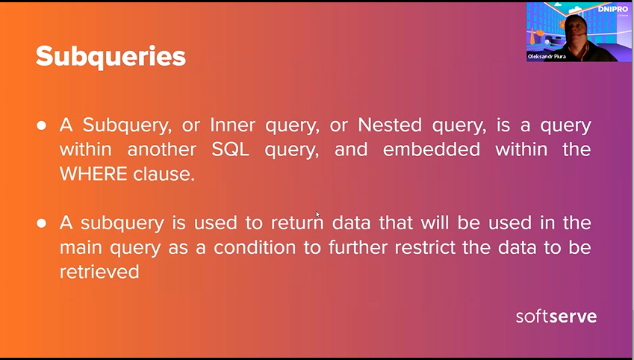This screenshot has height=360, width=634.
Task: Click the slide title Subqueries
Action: [111, 57]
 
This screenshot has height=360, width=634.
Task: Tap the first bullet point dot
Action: [41, 125]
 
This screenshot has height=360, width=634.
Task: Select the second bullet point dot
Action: [41, 223]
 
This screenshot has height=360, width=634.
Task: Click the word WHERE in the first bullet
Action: [93, 174]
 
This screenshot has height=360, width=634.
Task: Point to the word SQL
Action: [230, 149]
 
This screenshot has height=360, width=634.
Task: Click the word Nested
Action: [390, 125]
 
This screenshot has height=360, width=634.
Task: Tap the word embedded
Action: [432, 149]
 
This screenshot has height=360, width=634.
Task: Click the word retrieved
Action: [99, 271]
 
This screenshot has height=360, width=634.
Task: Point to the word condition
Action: [255, 247]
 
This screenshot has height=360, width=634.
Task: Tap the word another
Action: [162, 149]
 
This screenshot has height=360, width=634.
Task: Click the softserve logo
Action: [556, 317]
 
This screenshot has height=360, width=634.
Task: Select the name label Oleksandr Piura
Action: [547, 57]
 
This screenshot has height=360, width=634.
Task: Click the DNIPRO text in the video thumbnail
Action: [613, 9]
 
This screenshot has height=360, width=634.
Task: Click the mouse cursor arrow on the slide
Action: [318, 214]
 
